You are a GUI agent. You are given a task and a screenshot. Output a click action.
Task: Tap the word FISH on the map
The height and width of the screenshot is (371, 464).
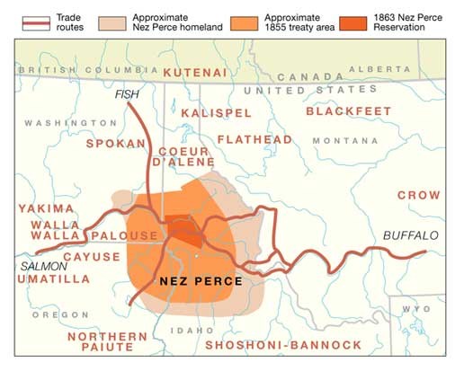(x=127, y=93)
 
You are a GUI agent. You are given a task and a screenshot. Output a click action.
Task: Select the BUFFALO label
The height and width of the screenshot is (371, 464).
(x=411, y=235)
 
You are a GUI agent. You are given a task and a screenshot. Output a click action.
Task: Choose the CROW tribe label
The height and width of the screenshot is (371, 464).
(x=419, y=195)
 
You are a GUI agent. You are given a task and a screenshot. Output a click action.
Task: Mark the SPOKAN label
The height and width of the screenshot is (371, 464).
(x=114, y=143)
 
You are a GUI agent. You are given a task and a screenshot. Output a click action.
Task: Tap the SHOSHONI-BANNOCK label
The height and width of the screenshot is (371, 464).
(x=283, y=344)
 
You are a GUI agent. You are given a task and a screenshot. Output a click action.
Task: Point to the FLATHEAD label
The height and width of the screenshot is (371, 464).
(x=254, y=139)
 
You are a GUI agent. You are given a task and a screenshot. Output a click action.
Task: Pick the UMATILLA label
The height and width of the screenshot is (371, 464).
(x=53, y=279)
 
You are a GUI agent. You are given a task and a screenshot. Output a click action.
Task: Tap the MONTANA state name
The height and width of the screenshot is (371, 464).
(x=346, y=141)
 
